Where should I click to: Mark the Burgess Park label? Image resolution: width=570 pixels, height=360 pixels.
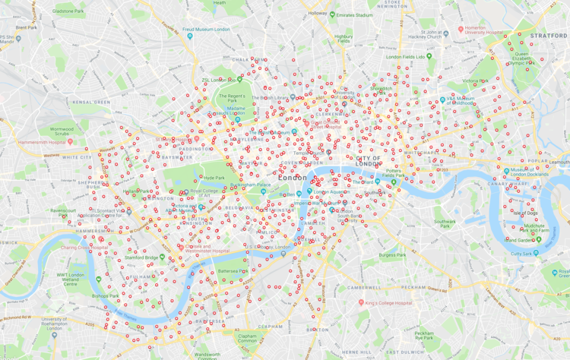[x=392, y=256]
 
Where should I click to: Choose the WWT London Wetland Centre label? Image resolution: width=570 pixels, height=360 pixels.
[x=71, y=279]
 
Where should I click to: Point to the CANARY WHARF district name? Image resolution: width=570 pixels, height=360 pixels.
[x=509, y=183]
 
